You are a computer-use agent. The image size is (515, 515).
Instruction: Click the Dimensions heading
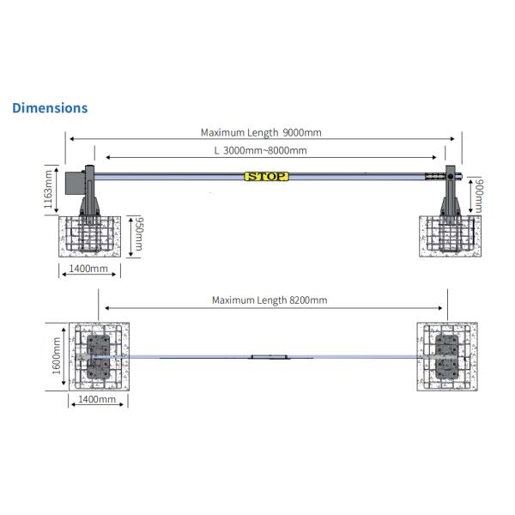(49, 108)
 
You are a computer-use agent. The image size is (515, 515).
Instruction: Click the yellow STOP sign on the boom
(266, 177)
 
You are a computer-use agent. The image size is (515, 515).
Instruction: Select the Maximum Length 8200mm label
(270, 300)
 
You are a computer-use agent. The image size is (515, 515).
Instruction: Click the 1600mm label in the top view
(57, 356)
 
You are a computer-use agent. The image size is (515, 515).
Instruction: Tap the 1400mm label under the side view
(90, 269)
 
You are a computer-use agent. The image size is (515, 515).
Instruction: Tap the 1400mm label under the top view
(96, 399)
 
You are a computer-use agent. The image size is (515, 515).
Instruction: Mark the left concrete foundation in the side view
(90, 236)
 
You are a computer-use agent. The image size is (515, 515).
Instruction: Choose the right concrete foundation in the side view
(449, 236)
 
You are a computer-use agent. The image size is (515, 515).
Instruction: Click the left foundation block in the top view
(100, 356)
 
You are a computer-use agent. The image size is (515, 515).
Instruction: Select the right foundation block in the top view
(445, 356)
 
